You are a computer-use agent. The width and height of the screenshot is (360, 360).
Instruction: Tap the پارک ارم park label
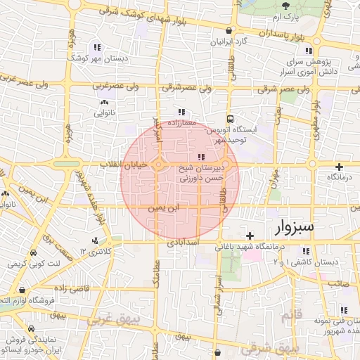coord(286,16)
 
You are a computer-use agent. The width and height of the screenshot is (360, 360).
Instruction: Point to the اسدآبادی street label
coord(184,243)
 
